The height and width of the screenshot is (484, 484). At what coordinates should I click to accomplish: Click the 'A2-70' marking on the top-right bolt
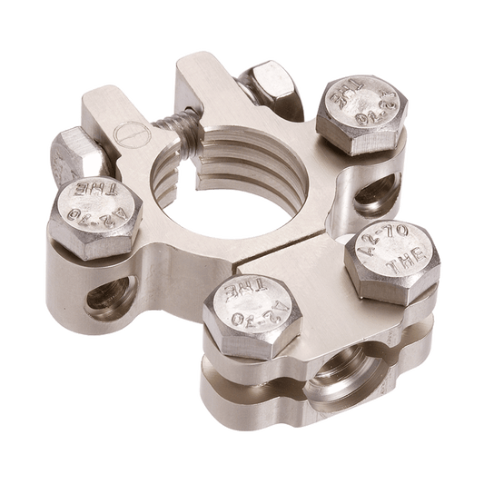[360, 116]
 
